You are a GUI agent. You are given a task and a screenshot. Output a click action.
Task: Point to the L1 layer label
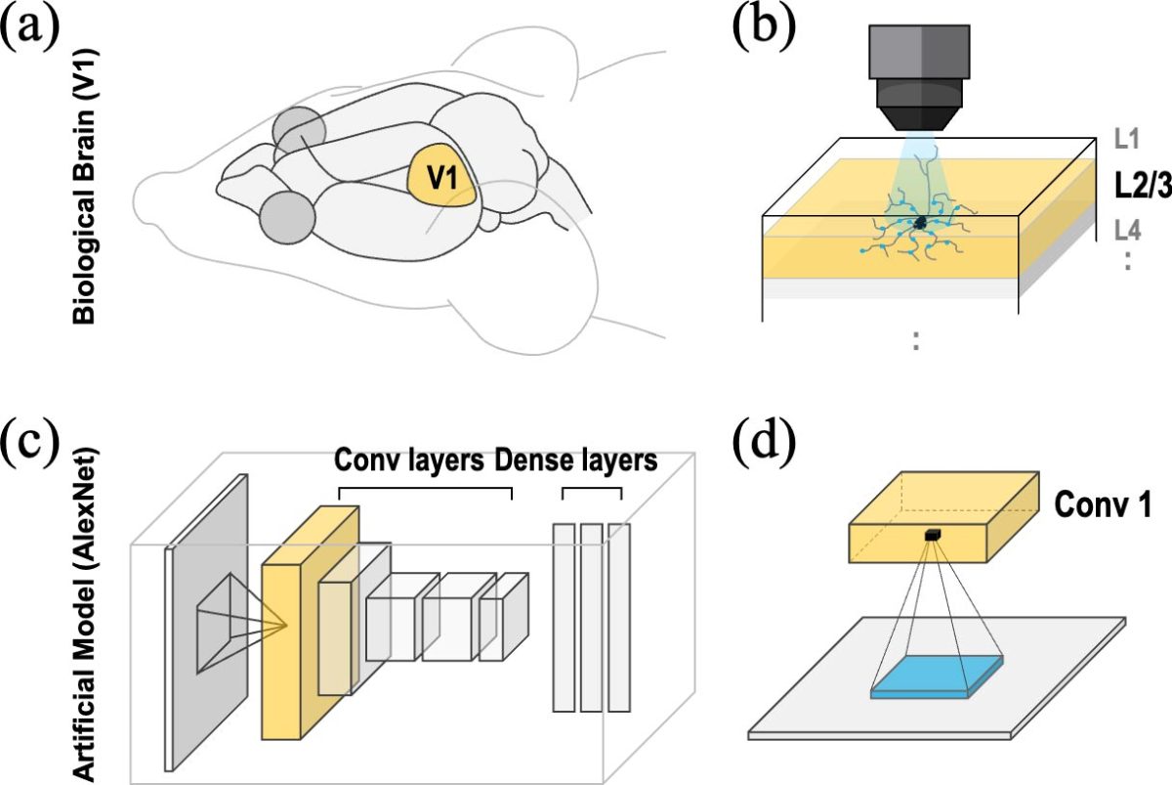click(x=1129, y=140)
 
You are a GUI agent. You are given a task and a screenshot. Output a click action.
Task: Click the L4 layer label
click(x=1129, y=231)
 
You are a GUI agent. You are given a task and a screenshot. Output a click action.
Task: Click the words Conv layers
click(x=409, y=459)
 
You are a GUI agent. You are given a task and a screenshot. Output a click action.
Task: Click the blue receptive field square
click(x=937, y=677)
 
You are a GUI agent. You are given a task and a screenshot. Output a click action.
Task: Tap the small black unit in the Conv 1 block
click(x=933, y=534)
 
